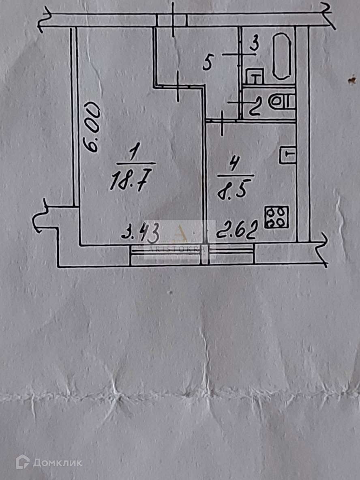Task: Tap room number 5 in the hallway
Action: point(207,64)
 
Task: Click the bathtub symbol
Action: point(283,56)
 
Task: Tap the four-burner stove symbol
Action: point(276,217)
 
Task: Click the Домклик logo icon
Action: point(23,462)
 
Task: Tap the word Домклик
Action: point(57,463)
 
